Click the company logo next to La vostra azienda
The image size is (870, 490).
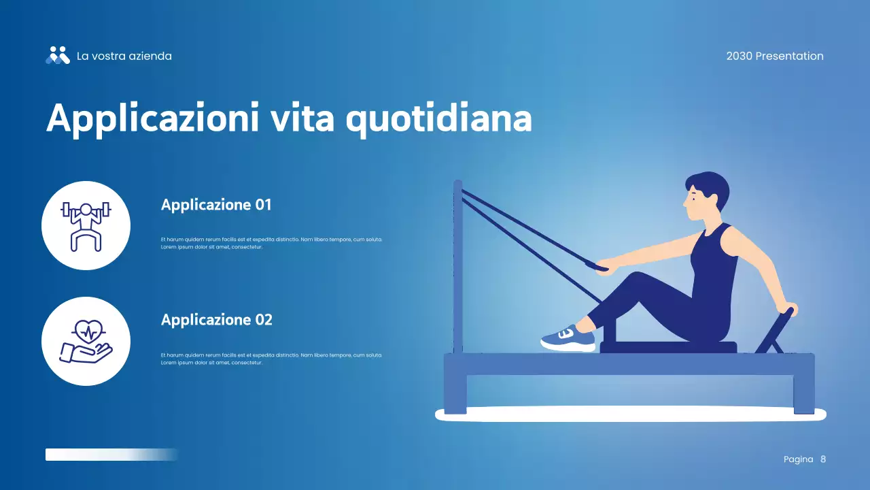tap(58, 56)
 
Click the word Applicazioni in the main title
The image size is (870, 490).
tap(153, 118)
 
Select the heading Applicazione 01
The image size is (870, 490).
tap(216, 205)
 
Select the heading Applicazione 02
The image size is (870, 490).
tap(216, 320)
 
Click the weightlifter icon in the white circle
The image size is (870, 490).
tap(86, 225)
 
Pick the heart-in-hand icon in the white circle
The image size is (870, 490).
tap(86, 341)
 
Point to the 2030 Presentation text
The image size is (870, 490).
tap(774, 56)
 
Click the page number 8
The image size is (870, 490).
tap(823, 459)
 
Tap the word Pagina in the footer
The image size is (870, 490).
tap(798, 459)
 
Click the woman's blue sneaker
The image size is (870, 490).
tap(569, 338)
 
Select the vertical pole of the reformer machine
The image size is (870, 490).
tap(458, 265)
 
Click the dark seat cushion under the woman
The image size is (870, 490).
tap(667, 347)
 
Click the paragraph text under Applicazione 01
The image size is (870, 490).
tap(272, 243)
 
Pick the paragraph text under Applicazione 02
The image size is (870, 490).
tap(272, 359)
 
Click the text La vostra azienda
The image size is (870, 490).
tap(124, 56)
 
